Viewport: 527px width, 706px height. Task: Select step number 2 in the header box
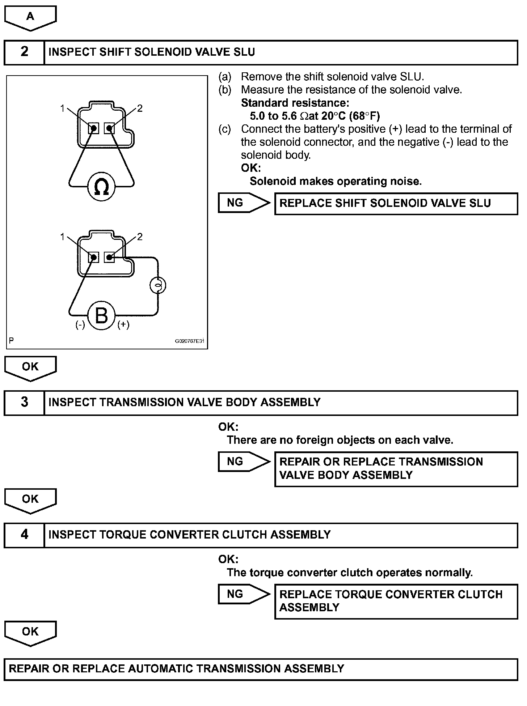pos(24,52)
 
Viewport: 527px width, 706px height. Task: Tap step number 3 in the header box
pos(24,402)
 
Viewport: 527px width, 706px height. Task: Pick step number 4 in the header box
pos(24,535)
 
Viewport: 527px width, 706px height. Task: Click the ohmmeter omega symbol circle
pos(101,187)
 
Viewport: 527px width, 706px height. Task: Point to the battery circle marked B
pos(101,315)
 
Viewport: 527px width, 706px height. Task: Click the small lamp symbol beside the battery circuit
pos(157,286)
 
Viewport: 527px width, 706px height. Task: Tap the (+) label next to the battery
pos(123,324)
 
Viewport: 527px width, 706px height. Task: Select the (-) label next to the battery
pos(80,324)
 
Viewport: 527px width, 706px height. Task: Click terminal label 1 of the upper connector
pos(63,108)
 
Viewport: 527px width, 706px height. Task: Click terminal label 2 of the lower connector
pos(140,237)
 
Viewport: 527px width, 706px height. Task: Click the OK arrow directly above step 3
pos(30,367)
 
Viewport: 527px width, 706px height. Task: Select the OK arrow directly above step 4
pos(30,499)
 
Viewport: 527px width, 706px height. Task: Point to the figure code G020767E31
pos(190,341)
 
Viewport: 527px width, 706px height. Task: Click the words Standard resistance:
pos(295,103)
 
